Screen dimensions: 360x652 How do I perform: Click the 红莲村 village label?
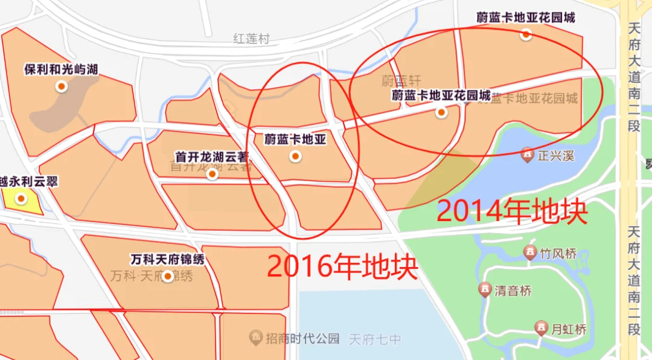point(251,39)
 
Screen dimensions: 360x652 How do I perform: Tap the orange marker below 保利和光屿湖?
point(61,86)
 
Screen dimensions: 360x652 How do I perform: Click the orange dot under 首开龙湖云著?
point(212,175)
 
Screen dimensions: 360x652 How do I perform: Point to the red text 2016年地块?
point(342,266)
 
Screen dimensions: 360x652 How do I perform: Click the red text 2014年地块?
point(512,211)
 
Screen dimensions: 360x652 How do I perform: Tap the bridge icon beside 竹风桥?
point(530,253)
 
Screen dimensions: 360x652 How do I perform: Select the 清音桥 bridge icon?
point(484,291)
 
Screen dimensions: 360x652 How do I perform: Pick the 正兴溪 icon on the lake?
point(528,155)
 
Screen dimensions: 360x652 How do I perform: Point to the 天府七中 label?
point(374,339)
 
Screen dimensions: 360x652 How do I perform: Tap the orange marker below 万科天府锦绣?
point(167,277)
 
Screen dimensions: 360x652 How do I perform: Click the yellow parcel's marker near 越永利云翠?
point(22,198)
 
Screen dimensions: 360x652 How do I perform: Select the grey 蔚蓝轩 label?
point(400,80)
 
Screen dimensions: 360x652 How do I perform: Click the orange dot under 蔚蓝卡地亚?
point(295,157)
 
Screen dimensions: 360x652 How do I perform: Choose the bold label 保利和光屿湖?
point(61,70)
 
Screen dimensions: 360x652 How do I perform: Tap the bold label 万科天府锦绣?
point(167,260)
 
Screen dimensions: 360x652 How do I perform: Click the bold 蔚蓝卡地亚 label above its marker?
point(295,140)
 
